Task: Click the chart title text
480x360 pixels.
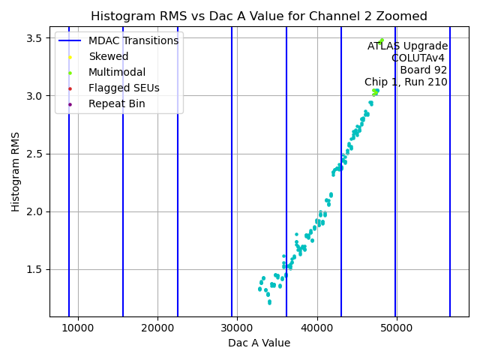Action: [259, 16]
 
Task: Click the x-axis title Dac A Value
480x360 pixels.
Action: [259, 343]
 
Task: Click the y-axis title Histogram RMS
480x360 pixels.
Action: [16, 171]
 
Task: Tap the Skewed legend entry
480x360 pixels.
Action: [108, 56]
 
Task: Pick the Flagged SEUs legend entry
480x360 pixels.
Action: [124, 88]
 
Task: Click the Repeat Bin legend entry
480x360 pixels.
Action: [116, 103]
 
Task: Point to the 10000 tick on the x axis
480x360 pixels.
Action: [78, 328]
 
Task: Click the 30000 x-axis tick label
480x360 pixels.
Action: [237, 328]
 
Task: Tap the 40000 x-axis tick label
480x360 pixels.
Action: [316, 328]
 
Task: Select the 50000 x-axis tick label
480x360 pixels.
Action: [396, 328]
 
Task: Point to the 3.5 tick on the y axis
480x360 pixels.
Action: [35, 37]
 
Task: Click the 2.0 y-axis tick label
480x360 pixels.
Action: [35, 211]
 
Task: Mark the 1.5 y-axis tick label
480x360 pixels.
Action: [35, 269]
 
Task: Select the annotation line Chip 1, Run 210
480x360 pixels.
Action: [406, 82]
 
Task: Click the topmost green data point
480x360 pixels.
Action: [381, 40]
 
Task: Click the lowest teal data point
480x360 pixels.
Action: [269, 302]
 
